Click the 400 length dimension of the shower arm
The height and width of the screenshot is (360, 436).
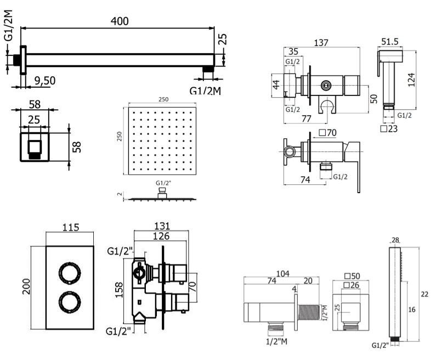tap(119, 21)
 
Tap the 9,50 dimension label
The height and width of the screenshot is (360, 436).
tap(44, 81)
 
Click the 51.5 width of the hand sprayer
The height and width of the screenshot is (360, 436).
tap(390, 42)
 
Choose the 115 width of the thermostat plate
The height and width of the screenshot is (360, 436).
tap(72, 227)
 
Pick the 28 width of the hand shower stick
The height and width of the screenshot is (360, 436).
tap(395, 240)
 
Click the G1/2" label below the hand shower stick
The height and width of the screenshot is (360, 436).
tap(381, 346)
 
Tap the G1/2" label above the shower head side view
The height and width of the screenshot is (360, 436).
tap(163, 183)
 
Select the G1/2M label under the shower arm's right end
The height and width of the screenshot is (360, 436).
tap(205, 91)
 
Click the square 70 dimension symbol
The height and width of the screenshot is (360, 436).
tap(327, 133)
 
